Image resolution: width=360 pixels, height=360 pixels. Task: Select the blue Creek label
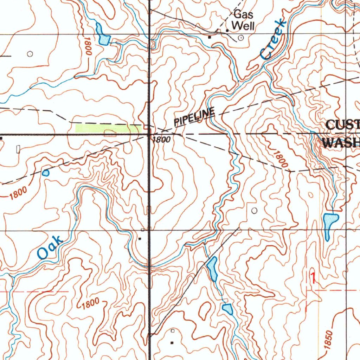coord(273,39)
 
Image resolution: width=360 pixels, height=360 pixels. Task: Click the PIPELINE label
coord(194,117)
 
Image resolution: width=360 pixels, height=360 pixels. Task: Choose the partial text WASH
coord(341,142)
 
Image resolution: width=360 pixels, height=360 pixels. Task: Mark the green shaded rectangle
coord(107,128)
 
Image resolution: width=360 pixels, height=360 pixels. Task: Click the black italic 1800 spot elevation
coord(161,140)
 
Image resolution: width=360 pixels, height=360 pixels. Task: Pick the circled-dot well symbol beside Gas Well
coord(241,37)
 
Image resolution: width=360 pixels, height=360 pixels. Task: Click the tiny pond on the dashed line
coord(46,173)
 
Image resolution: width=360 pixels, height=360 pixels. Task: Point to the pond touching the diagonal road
coord(212,268)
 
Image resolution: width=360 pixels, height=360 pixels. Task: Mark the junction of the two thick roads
coord(149,134)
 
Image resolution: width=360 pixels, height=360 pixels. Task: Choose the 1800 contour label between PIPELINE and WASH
coord(279,159)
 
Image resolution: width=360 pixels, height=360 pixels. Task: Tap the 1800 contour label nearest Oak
coord(18,193)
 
